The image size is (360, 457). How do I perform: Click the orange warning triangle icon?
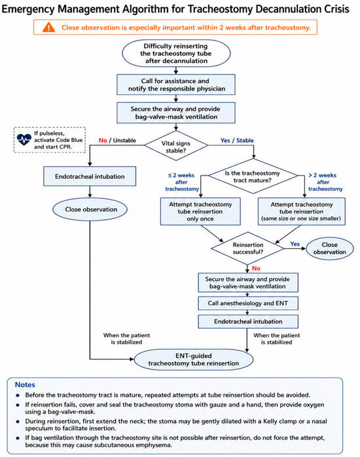[x=48, y=27]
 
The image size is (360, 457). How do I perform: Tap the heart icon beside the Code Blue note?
[x=24, y=139]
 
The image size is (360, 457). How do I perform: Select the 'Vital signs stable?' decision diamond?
[x=176, y=145]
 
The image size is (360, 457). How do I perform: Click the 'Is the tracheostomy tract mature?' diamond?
[x=253, y=176]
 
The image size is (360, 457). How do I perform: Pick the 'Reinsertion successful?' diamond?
[x=247, y=248]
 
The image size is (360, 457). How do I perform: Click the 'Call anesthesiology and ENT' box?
[x=248, y=303]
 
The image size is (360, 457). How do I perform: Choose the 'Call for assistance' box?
[x=176, y=84]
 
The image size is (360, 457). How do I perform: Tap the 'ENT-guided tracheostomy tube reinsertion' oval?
[x=193, y=359]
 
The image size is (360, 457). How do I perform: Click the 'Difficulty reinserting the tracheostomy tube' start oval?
[x=176, y=53]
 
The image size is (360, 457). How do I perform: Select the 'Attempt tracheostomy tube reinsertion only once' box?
[x=200, y=211]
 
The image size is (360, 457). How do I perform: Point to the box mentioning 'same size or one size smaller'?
[x=302, y=211]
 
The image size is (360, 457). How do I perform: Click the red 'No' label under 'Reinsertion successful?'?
[x=256, y=268]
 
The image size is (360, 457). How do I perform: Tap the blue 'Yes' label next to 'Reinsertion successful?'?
[x=295, y=244]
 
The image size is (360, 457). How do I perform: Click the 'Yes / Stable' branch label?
[x=237, y=140]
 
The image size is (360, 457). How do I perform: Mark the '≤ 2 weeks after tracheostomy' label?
[x=181, y=182]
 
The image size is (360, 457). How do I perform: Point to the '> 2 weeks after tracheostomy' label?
[x=324, y=182]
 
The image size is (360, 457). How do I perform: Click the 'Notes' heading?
[x=25, y=385]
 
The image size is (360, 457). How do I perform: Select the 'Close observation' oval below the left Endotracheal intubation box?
[x=90, y=210]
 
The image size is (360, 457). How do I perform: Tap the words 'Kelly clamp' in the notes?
[x=280, y=421]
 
